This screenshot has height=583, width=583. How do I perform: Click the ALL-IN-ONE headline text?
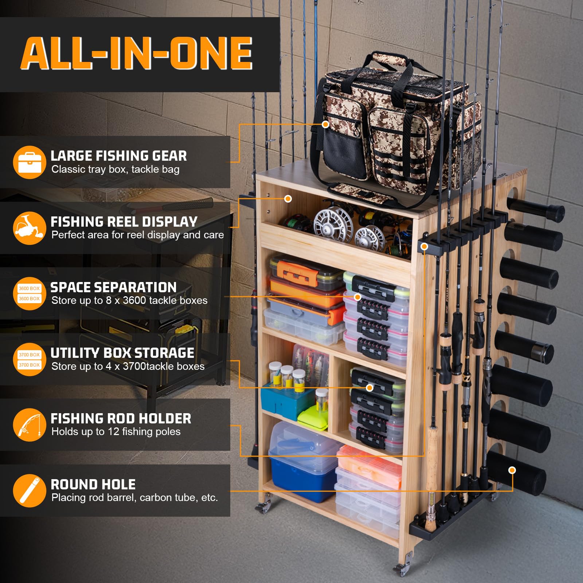point(137,53)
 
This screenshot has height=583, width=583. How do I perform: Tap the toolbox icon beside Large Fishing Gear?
point(30,163)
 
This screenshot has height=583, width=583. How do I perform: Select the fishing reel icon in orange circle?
point(30,228)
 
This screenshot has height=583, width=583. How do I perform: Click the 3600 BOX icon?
point(30,294)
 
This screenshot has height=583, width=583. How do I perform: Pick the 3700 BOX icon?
point(30,360)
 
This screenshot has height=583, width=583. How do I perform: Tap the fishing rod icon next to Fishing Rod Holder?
point(30,425)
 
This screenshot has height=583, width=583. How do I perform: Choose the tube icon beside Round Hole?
point(30,491)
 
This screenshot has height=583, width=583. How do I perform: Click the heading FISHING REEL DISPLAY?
point(124,222)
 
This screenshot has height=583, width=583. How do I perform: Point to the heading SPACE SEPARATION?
point(113,287)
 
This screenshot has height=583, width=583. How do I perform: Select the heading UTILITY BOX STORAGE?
point(122,353)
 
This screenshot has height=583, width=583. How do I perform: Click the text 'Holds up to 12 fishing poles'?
point(116,432)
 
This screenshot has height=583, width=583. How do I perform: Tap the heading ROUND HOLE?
point(93,485)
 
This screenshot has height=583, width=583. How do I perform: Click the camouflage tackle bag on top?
point(394,128)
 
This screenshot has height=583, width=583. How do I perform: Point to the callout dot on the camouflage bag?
point(326,124)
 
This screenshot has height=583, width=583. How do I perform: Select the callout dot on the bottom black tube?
point(512,470)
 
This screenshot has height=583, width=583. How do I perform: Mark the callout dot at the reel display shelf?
point(288,199)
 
